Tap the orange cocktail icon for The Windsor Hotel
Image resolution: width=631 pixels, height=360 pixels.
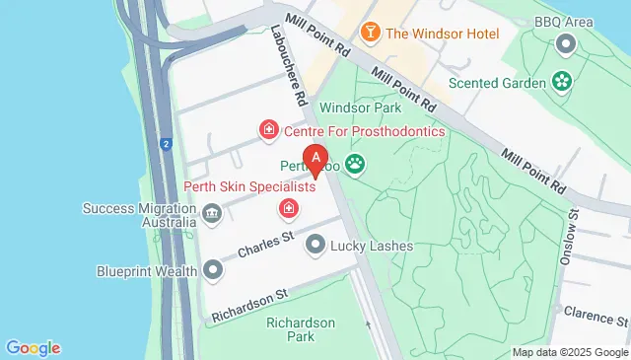(x=371, y=32)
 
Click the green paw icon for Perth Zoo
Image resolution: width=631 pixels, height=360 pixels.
(x=353, y=164)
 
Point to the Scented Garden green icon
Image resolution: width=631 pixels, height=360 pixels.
(x=563, y=82)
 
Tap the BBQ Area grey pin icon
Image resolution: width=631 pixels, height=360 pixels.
(x=566, y=43)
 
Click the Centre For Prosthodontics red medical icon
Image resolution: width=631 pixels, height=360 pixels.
(x=267, y=130)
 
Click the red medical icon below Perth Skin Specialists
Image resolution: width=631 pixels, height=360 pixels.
(x=289, y=208)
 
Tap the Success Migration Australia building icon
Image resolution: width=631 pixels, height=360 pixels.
(x=211, y=214)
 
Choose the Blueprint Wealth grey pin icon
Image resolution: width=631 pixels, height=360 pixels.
(x=213, y=270)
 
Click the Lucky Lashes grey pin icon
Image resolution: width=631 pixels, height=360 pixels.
(x=315, y=244)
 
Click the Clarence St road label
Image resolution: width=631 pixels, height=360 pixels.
(x=596, y=316)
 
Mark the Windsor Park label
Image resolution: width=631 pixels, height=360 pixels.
(x=356, y=107)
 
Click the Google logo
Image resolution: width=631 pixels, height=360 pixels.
(x=34, y=347)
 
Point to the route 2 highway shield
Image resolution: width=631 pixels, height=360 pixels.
(x=167, y=145)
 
